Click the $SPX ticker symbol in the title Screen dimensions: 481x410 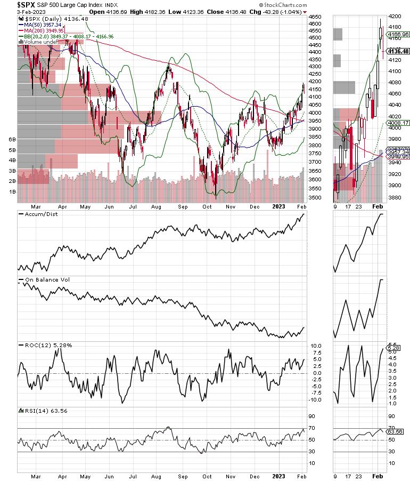point(11,4)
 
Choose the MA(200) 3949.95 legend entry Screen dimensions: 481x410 point(45,30)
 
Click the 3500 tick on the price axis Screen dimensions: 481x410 point(315,198)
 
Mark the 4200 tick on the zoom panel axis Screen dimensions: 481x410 point(395,16)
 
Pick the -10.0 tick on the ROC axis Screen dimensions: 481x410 point(316,399)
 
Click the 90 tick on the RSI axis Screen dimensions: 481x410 point(313,417)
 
